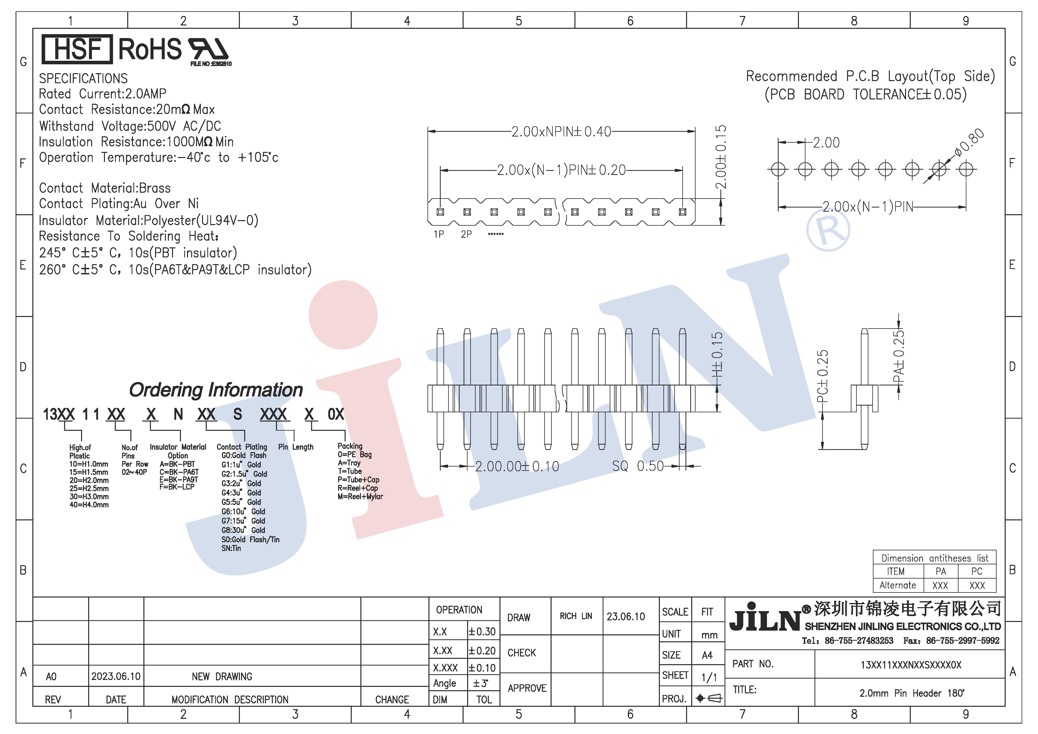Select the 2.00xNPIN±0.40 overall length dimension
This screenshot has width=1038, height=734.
(561, 132)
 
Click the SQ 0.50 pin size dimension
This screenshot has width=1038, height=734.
(638, 466)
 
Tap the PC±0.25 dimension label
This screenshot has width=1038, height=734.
(822, 376)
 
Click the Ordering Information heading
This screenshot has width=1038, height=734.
(216, 390)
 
